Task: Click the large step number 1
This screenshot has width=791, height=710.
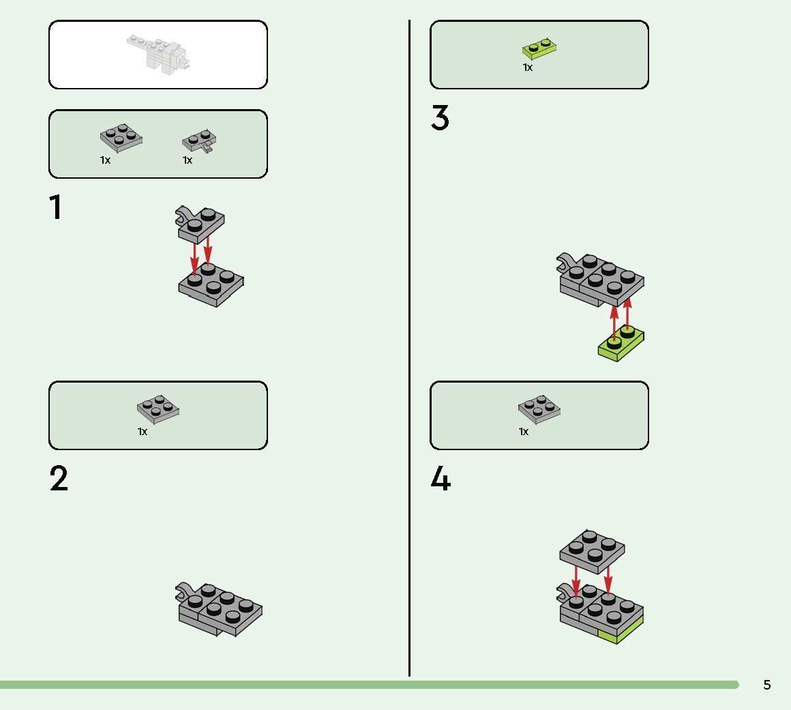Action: point(55,207)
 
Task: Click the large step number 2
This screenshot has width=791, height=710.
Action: point(59,478)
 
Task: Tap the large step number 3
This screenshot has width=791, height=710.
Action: point(440,117)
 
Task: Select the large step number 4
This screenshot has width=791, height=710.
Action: point(441,478)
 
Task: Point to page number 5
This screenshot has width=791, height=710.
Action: point(766,685)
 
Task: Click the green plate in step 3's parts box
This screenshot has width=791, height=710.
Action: point(539,48)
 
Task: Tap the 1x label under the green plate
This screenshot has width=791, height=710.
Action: point(528,68)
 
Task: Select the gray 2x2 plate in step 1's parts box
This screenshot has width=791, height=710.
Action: point(121,138)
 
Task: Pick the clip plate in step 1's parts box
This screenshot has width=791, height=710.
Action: point(199,140)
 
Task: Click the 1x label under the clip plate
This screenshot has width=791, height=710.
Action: point(187,160)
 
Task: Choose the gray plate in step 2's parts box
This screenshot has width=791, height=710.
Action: point(158,409)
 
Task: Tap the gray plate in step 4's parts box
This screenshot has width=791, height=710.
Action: point(539,409)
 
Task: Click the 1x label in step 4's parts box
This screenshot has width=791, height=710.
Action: point(524,432)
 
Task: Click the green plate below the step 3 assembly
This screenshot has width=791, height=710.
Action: point(621,344)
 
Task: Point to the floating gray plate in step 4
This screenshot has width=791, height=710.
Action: point(593,552)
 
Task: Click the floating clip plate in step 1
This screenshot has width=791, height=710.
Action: point(200,224)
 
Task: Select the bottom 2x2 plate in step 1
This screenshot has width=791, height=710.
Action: point(211,284)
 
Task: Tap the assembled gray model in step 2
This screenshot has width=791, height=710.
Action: point(219,609)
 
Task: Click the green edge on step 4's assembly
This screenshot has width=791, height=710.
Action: point(621,632)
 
